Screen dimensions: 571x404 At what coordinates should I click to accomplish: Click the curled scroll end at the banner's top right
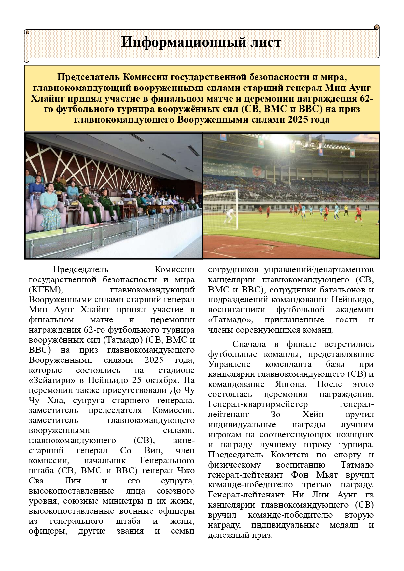coord(377,27)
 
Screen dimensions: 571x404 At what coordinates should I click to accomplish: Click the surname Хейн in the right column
coord(313,414)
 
